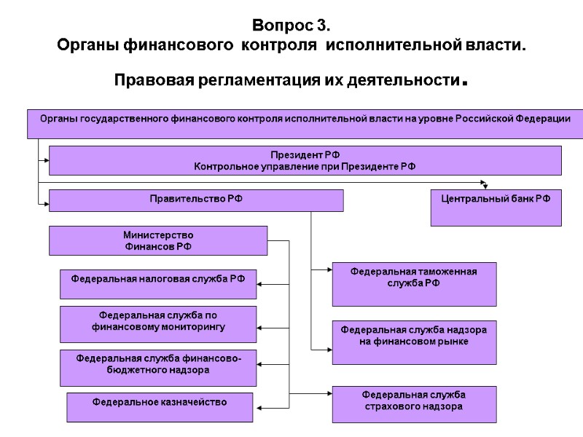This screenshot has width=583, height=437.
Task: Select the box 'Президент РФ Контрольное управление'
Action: [x=305, y=160]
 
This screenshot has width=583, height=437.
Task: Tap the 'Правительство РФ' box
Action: [x=195, y=200]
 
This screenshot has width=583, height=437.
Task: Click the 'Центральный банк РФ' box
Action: [x=496, y=207]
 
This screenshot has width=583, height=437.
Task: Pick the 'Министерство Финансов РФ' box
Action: [x=157, y=240]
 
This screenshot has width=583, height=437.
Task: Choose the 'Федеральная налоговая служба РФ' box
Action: [x=157, y=283]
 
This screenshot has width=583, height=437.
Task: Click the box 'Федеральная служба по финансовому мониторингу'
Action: [x=157, y=324]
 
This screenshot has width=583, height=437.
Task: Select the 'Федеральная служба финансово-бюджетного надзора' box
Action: [x=157, y=367]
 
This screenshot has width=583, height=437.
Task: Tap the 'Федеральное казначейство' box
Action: [x=160, y=407]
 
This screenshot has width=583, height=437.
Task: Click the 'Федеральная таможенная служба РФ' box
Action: [x=414, y=283]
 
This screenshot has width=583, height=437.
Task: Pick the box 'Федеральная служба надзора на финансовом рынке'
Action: [x=414, y=342]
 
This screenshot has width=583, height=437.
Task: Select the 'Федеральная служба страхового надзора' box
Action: [x=414, y=404]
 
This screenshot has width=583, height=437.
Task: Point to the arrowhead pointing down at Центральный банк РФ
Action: [x=484, y=184]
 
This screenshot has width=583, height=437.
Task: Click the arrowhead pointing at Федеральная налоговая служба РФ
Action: [x=261, y=283]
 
